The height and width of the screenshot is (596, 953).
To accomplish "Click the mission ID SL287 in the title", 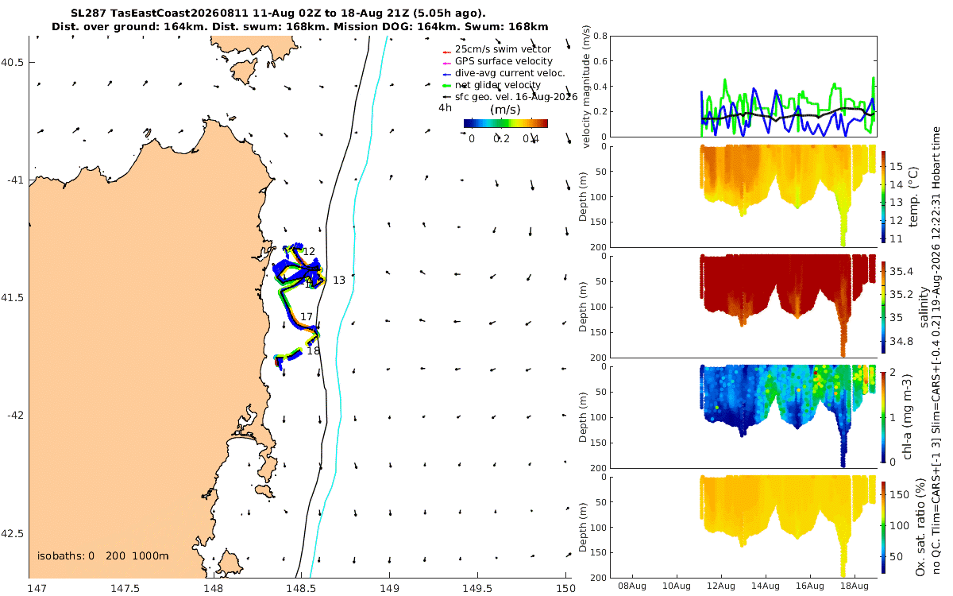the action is pos(88,14).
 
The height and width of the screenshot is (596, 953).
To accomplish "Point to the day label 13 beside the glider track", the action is pos(338,280).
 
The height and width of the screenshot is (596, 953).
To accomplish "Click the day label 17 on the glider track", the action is pos(307,317).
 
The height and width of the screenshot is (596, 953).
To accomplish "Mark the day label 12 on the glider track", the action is pos(309,251).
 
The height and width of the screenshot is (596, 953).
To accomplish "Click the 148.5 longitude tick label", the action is pos(301,588).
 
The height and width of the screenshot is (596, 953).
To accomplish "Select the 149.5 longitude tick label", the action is pos(477,588).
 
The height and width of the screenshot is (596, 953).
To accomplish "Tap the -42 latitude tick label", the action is pos(15,416).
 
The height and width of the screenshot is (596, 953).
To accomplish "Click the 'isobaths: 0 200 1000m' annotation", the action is pos(103,556).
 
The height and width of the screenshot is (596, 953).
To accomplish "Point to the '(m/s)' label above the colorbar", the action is pos(505,110).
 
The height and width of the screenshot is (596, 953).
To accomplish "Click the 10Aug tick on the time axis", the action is pos(677,586).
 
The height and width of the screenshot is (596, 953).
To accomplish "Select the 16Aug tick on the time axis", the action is pos(809,586).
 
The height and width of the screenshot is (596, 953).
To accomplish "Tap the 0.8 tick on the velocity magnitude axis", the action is pos(600,36).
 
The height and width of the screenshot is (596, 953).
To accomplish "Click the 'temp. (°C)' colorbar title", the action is pos(913,197).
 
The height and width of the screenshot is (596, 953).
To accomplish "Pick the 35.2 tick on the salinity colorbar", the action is pos(901,295).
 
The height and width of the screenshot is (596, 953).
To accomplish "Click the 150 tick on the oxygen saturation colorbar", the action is pos(899,494).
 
